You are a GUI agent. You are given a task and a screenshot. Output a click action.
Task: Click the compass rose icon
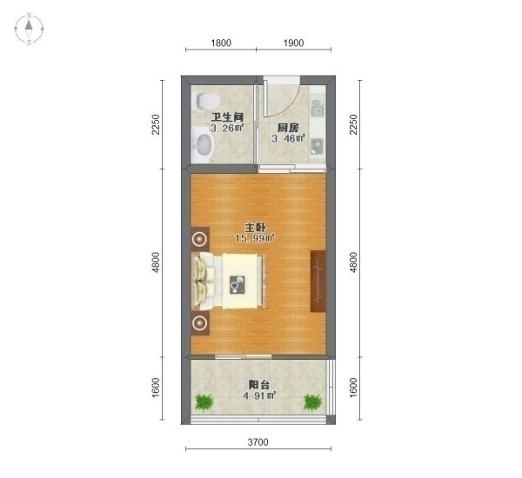coord(29,29)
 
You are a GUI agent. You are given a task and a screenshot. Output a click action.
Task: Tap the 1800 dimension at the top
coord(221,43)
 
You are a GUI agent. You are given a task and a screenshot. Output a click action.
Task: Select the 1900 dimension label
coord(293,43)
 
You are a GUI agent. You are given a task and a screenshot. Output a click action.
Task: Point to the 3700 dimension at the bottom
coord(258,442)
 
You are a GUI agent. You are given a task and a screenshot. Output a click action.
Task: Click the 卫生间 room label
coord(227,117)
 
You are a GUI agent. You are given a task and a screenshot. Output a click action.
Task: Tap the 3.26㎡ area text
coord(227,128)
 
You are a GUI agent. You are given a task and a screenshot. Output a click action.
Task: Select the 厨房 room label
coord(288,128)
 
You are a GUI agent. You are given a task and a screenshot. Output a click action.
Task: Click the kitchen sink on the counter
coord(317,108)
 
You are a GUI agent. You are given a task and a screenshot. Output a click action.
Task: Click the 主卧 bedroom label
coord(255,228)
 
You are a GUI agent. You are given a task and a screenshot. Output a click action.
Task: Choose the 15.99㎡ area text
coord(255,238)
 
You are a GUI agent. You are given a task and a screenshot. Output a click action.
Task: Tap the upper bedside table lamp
coord(200,239)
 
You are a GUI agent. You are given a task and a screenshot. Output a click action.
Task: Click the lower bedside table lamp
coord(200,322)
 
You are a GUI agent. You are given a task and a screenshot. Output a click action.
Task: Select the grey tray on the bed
coord(238,284)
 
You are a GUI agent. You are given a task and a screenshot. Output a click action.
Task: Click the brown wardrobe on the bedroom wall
coord(318,282)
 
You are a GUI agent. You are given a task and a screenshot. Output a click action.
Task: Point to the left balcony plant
coord(204,403)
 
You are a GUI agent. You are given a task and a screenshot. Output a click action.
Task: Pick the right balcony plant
coord(312,403)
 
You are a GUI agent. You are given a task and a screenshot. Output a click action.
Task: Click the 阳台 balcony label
coord(259,385)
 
